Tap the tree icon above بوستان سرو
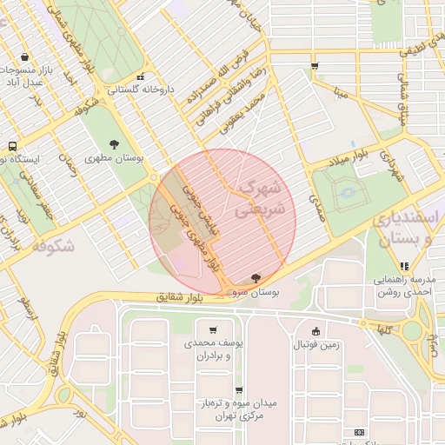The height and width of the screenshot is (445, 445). (254, 278)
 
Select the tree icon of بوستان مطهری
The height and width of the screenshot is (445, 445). (114, 144)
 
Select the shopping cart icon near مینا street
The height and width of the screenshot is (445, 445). (314, 66)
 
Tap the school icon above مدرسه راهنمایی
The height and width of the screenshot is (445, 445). (403, 265)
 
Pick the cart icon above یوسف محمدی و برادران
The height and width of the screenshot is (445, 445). (213, 330)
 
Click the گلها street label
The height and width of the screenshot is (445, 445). (383, 329)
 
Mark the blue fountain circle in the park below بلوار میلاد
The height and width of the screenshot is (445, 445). (349, 193)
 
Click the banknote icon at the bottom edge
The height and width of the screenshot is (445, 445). (359, 432)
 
